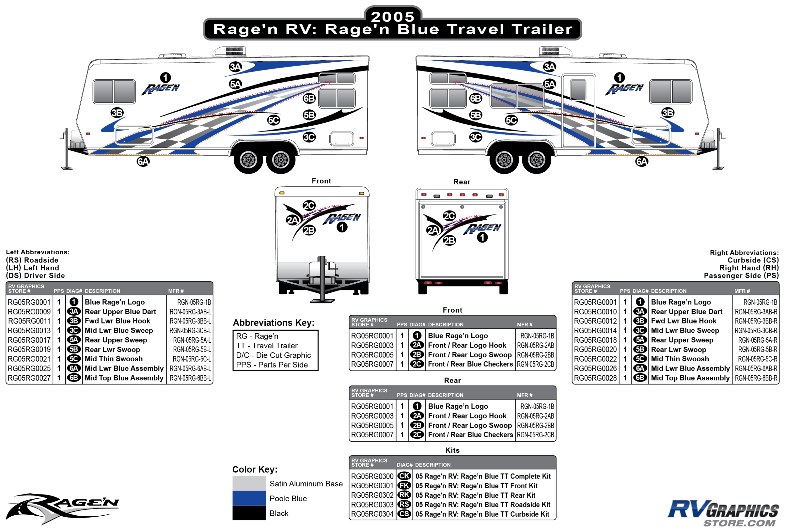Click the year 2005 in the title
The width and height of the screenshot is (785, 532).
tap(392, 16)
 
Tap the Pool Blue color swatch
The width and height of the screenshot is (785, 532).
tap(249, 498)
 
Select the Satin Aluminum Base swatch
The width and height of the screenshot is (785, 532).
tap(249, 483)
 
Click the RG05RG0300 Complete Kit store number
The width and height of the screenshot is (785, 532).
tap(372, 476)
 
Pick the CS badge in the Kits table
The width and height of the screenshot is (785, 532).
tap(404, 514)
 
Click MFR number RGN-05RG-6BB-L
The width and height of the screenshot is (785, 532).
tap(190, 378)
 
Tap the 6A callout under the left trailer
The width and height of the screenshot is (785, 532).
tap(143, 161)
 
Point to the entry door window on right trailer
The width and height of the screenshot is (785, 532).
tap(578, 90)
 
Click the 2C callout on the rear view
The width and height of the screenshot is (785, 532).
tap(449, 216)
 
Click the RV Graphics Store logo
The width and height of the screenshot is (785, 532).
tap(723, 513)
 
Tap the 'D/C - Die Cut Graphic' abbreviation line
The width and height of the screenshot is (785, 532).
tap(273, 355)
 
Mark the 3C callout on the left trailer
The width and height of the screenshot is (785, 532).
tap(309, 137)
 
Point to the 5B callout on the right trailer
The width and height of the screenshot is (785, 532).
tap(476, 115)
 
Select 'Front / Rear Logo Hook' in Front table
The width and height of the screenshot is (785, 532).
tap(467, 345)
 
